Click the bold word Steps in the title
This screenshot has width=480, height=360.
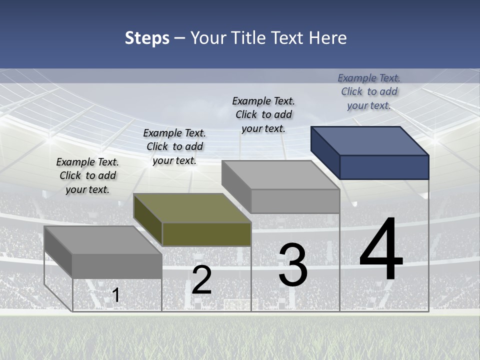(x=147, y=38)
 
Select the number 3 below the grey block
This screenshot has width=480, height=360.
(x=292, y=265)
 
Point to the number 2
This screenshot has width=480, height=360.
(x=201, y=280)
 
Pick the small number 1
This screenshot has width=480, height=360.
(x=116, y=295)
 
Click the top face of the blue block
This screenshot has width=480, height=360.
(x=370, y=140)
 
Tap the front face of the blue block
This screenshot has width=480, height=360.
(x=384, y=167)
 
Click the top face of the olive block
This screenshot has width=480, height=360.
(x=192, y=207)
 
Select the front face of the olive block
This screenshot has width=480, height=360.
(x=206, y=234)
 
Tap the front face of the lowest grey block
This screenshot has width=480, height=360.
(x=117, y=266)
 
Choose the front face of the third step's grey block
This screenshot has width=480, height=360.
(x=295, y=201)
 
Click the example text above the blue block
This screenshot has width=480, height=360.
(x=369, y=91)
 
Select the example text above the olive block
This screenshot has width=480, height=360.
(x=174, y=146)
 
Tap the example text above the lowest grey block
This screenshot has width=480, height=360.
(x=87, y=175)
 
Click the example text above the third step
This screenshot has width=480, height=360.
(x=263, y=114)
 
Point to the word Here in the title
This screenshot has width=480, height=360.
(x=329, y=38)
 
